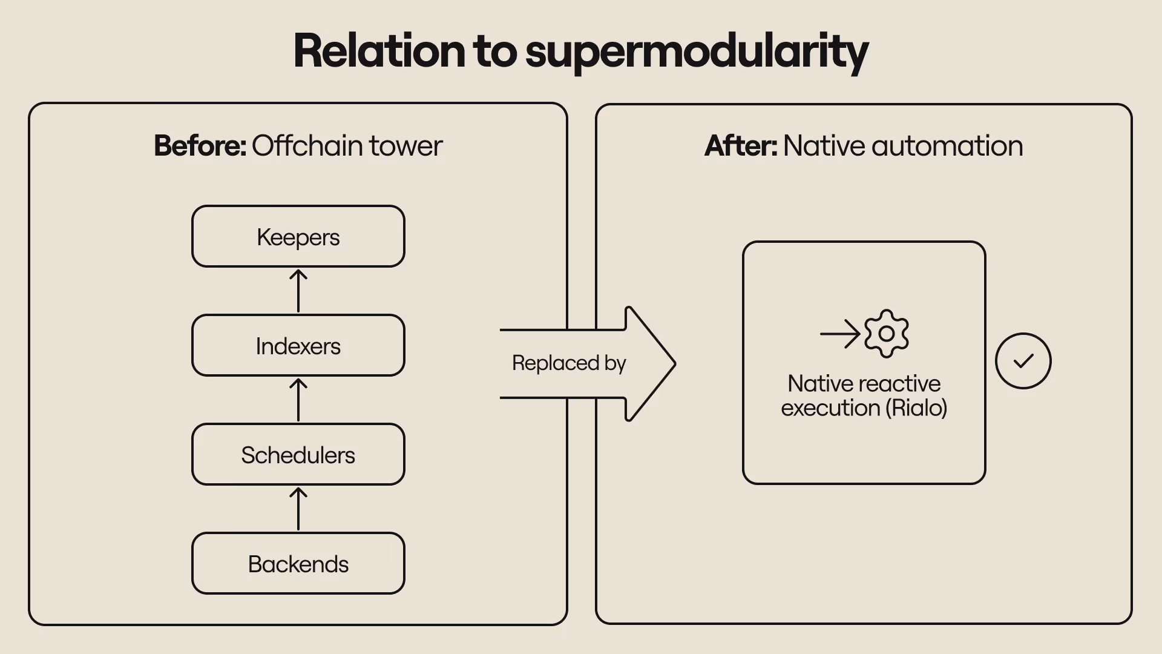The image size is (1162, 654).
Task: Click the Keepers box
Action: (298, 237)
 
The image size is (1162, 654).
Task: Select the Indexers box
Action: (298, 346)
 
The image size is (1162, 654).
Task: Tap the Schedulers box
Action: (298, 455)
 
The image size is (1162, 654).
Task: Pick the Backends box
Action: (298, 564)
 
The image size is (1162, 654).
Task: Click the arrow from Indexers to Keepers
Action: (298, 291)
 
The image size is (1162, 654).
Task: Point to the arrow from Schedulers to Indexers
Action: (298, 400)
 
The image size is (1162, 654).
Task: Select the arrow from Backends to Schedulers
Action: (298, 509)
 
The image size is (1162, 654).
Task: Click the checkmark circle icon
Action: (1023, 361)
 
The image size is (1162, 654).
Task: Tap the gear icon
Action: (887, 334)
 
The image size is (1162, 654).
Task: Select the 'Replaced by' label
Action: (569, 363)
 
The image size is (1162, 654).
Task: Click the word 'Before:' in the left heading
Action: (200, 146)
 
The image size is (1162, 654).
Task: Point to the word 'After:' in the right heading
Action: (741, 146)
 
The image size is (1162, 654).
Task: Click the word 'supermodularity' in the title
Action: (697, 51)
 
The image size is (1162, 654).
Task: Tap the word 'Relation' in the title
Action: (379, 51)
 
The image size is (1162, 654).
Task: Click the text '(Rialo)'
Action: (916, 408)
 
